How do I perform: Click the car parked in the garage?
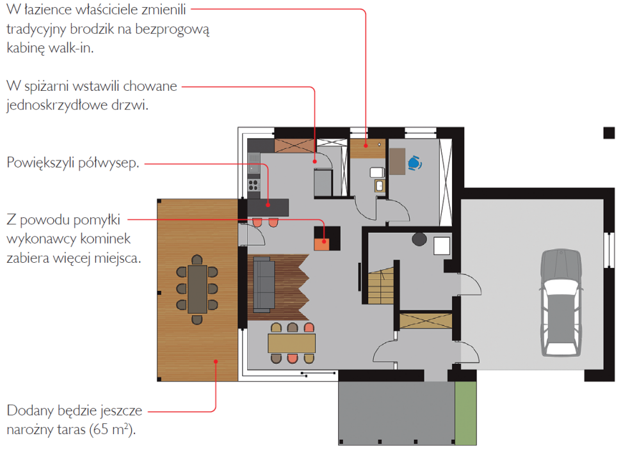pos(561,303)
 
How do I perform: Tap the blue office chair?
pos(414,163)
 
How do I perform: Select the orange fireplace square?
pos(321,244)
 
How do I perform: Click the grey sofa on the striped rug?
pos(263,284)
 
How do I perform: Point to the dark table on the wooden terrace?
pos(197,290)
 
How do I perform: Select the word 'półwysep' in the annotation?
pos(107,163)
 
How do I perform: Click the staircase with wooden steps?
pos(381,286)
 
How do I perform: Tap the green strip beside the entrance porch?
pos(465,413)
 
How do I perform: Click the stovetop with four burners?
pos(254,185)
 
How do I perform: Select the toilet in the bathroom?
pos(377,172)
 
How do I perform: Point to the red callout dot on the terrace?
pos(216,361)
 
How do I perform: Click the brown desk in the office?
pos(397,161)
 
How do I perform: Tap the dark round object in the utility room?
pos(419,239)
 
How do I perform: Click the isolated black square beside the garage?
pos(609,133)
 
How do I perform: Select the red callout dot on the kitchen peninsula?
pos(268,205)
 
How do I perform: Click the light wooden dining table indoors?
pos(291,343)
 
